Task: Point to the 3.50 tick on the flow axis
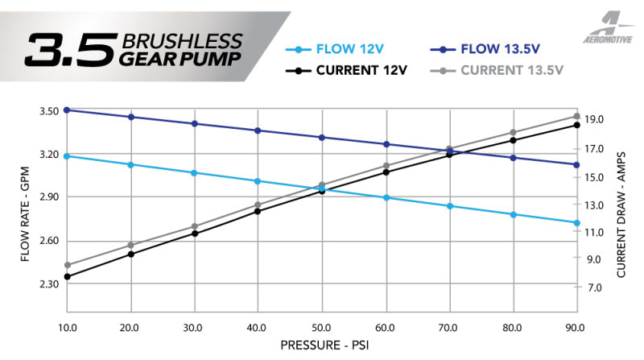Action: tap(47, 110)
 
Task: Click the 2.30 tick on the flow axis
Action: tap(47, 284)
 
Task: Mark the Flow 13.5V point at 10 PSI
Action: tap(68, 110)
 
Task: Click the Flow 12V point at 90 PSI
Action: tap(576, 223)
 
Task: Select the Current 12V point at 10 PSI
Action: tap(68, 277)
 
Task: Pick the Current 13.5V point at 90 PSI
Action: tap(576, 116)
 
